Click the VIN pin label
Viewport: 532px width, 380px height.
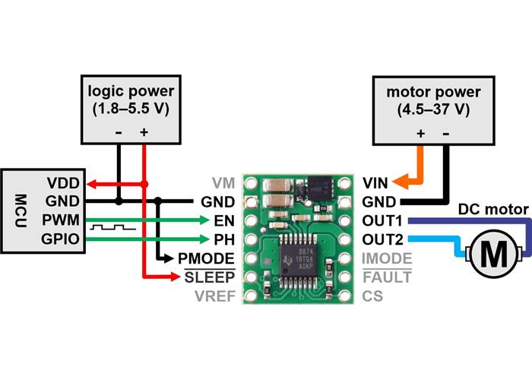point(376,183)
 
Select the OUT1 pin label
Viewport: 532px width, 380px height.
point(382,220)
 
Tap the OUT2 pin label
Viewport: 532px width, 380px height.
point(382,239)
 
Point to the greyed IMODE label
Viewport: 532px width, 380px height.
point(387,258)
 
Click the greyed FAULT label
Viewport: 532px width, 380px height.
point(387,277)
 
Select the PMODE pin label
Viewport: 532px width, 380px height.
point(207,258)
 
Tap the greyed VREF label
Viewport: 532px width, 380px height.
point(214,296)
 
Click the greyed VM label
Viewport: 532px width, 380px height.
point(223,183)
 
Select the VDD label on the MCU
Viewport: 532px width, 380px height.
point(62,184)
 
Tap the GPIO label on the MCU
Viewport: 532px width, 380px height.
point(61,239)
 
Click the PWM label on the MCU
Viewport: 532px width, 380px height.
point(61,220)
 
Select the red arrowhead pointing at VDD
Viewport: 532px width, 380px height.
point(90,184)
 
